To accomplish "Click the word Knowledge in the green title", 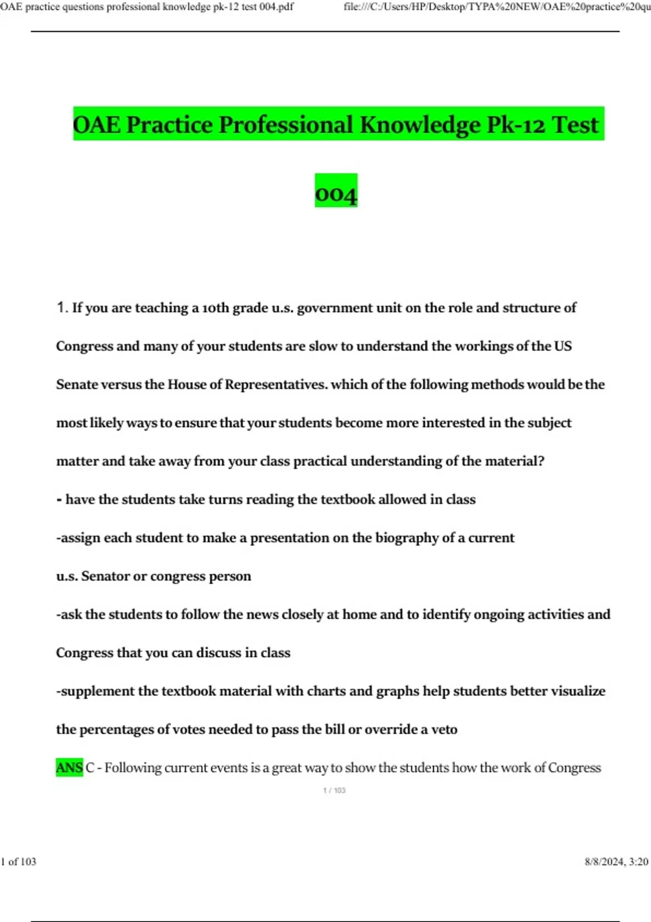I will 419,125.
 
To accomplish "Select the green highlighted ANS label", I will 69,767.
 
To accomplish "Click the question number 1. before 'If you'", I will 62,308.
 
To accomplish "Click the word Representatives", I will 276,385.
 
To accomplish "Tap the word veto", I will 444,729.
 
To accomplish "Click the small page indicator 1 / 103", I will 334,790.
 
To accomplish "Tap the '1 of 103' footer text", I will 19,862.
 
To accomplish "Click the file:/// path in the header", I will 496,7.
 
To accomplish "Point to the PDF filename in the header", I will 146,7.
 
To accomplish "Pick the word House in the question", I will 187,385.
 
